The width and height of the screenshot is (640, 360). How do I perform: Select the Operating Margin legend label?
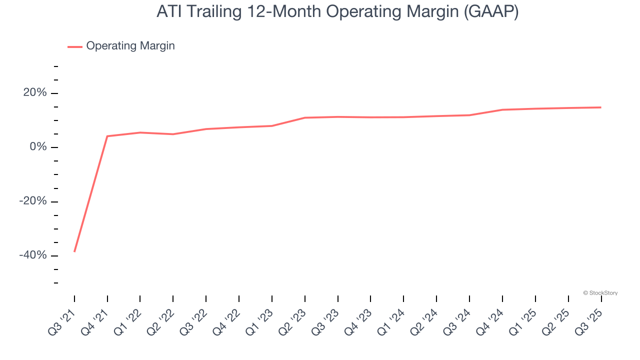(x=130, y=46)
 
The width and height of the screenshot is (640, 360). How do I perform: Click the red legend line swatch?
(x=75, y=46)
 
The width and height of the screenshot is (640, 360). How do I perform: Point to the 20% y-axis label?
(x=35, y=93)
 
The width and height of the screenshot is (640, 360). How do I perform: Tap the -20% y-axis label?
(x=33, y=201)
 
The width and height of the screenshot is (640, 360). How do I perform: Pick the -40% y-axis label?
(x=33, y=255)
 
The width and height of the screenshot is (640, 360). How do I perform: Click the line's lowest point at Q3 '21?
(x=74, y=251)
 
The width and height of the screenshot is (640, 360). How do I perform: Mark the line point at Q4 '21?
(x=107, y=136)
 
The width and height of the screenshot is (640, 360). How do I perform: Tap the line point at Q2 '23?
(x=305, y=117)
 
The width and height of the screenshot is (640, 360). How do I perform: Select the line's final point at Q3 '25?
(x=601, y=107)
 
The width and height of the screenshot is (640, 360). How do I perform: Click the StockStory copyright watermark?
(x=600, y=293)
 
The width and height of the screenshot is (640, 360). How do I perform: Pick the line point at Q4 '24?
(x=502, y=109)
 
